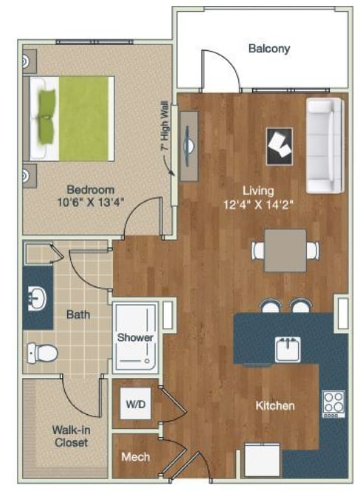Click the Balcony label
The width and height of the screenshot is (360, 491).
point(269,49)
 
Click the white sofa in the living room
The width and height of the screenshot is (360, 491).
point(324,143)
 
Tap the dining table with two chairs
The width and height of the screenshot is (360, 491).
point(286,250)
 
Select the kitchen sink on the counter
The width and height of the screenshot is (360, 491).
point(287,347)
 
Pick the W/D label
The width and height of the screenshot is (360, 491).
point(136,404)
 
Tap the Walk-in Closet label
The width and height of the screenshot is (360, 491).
point(69,436)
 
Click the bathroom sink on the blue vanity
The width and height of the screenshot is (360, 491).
point(37,299)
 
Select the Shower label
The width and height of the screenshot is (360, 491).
point(135,337)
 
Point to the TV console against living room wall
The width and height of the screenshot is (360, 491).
point(188,145)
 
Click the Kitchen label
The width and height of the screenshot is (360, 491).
point(275,406)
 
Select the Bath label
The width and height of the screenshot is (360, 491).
point(78,315)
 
